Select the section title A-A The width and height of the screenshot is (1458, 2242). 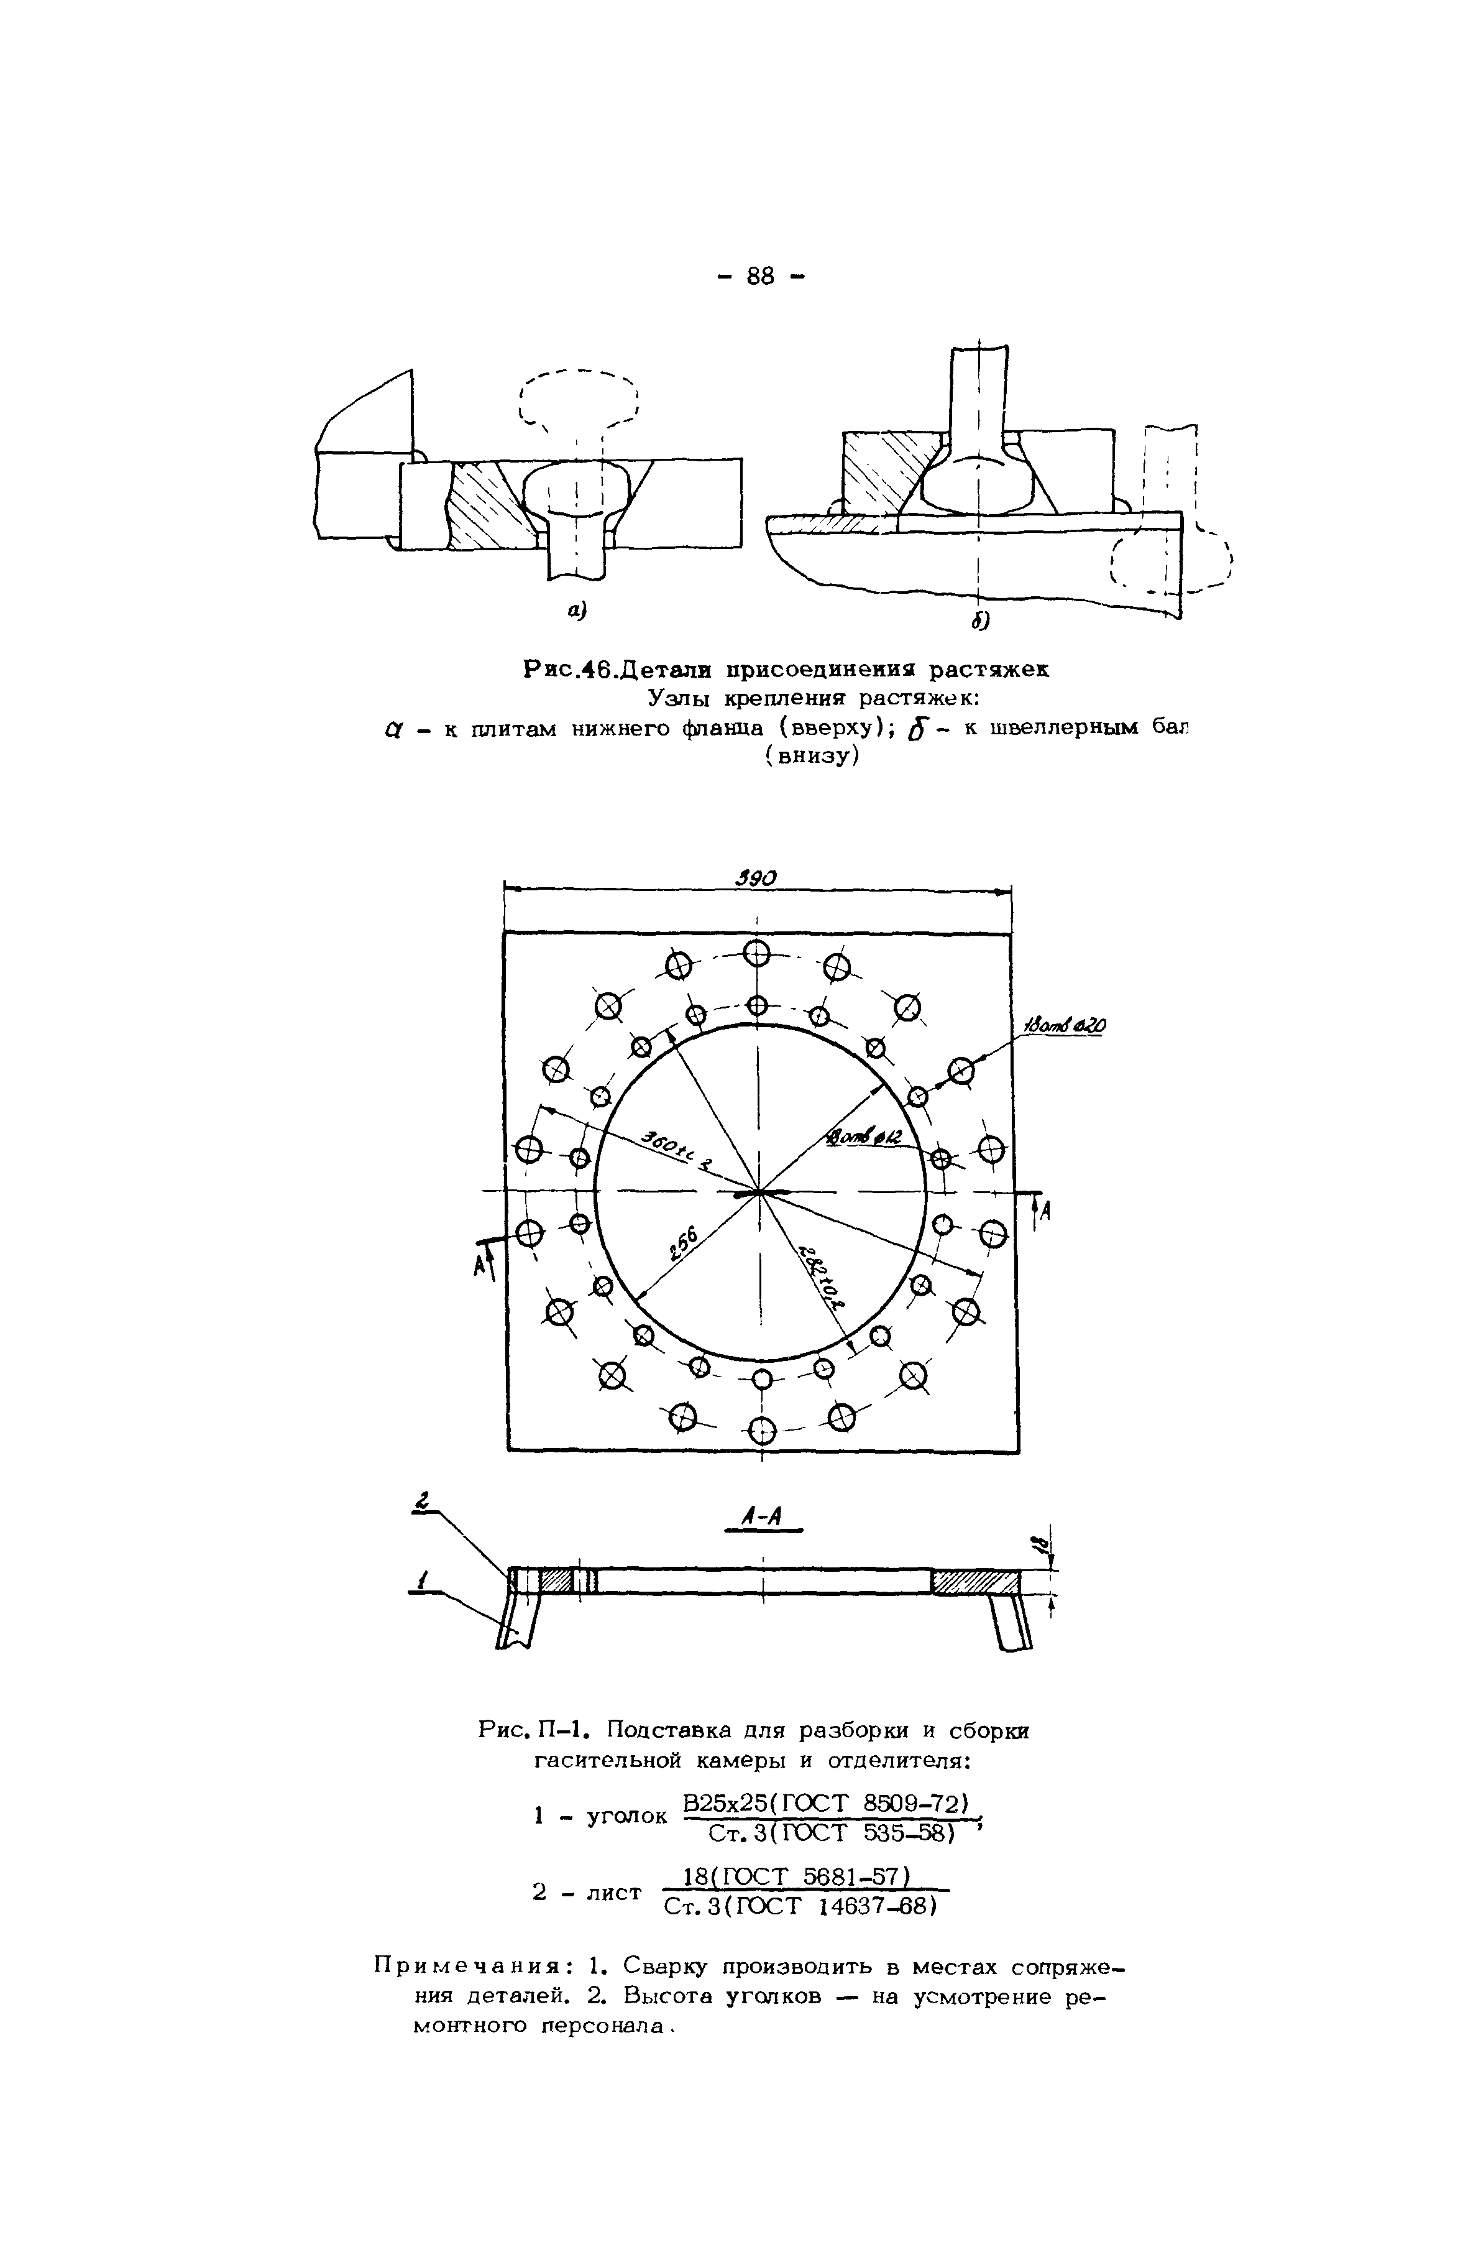click(x=763, y=1516)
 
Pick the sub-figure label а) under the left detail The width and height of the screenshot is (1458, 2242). click(x=576, y=611)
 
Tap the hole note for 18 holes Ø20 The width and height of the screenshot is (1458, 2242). click(x=1065, y=1026)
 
